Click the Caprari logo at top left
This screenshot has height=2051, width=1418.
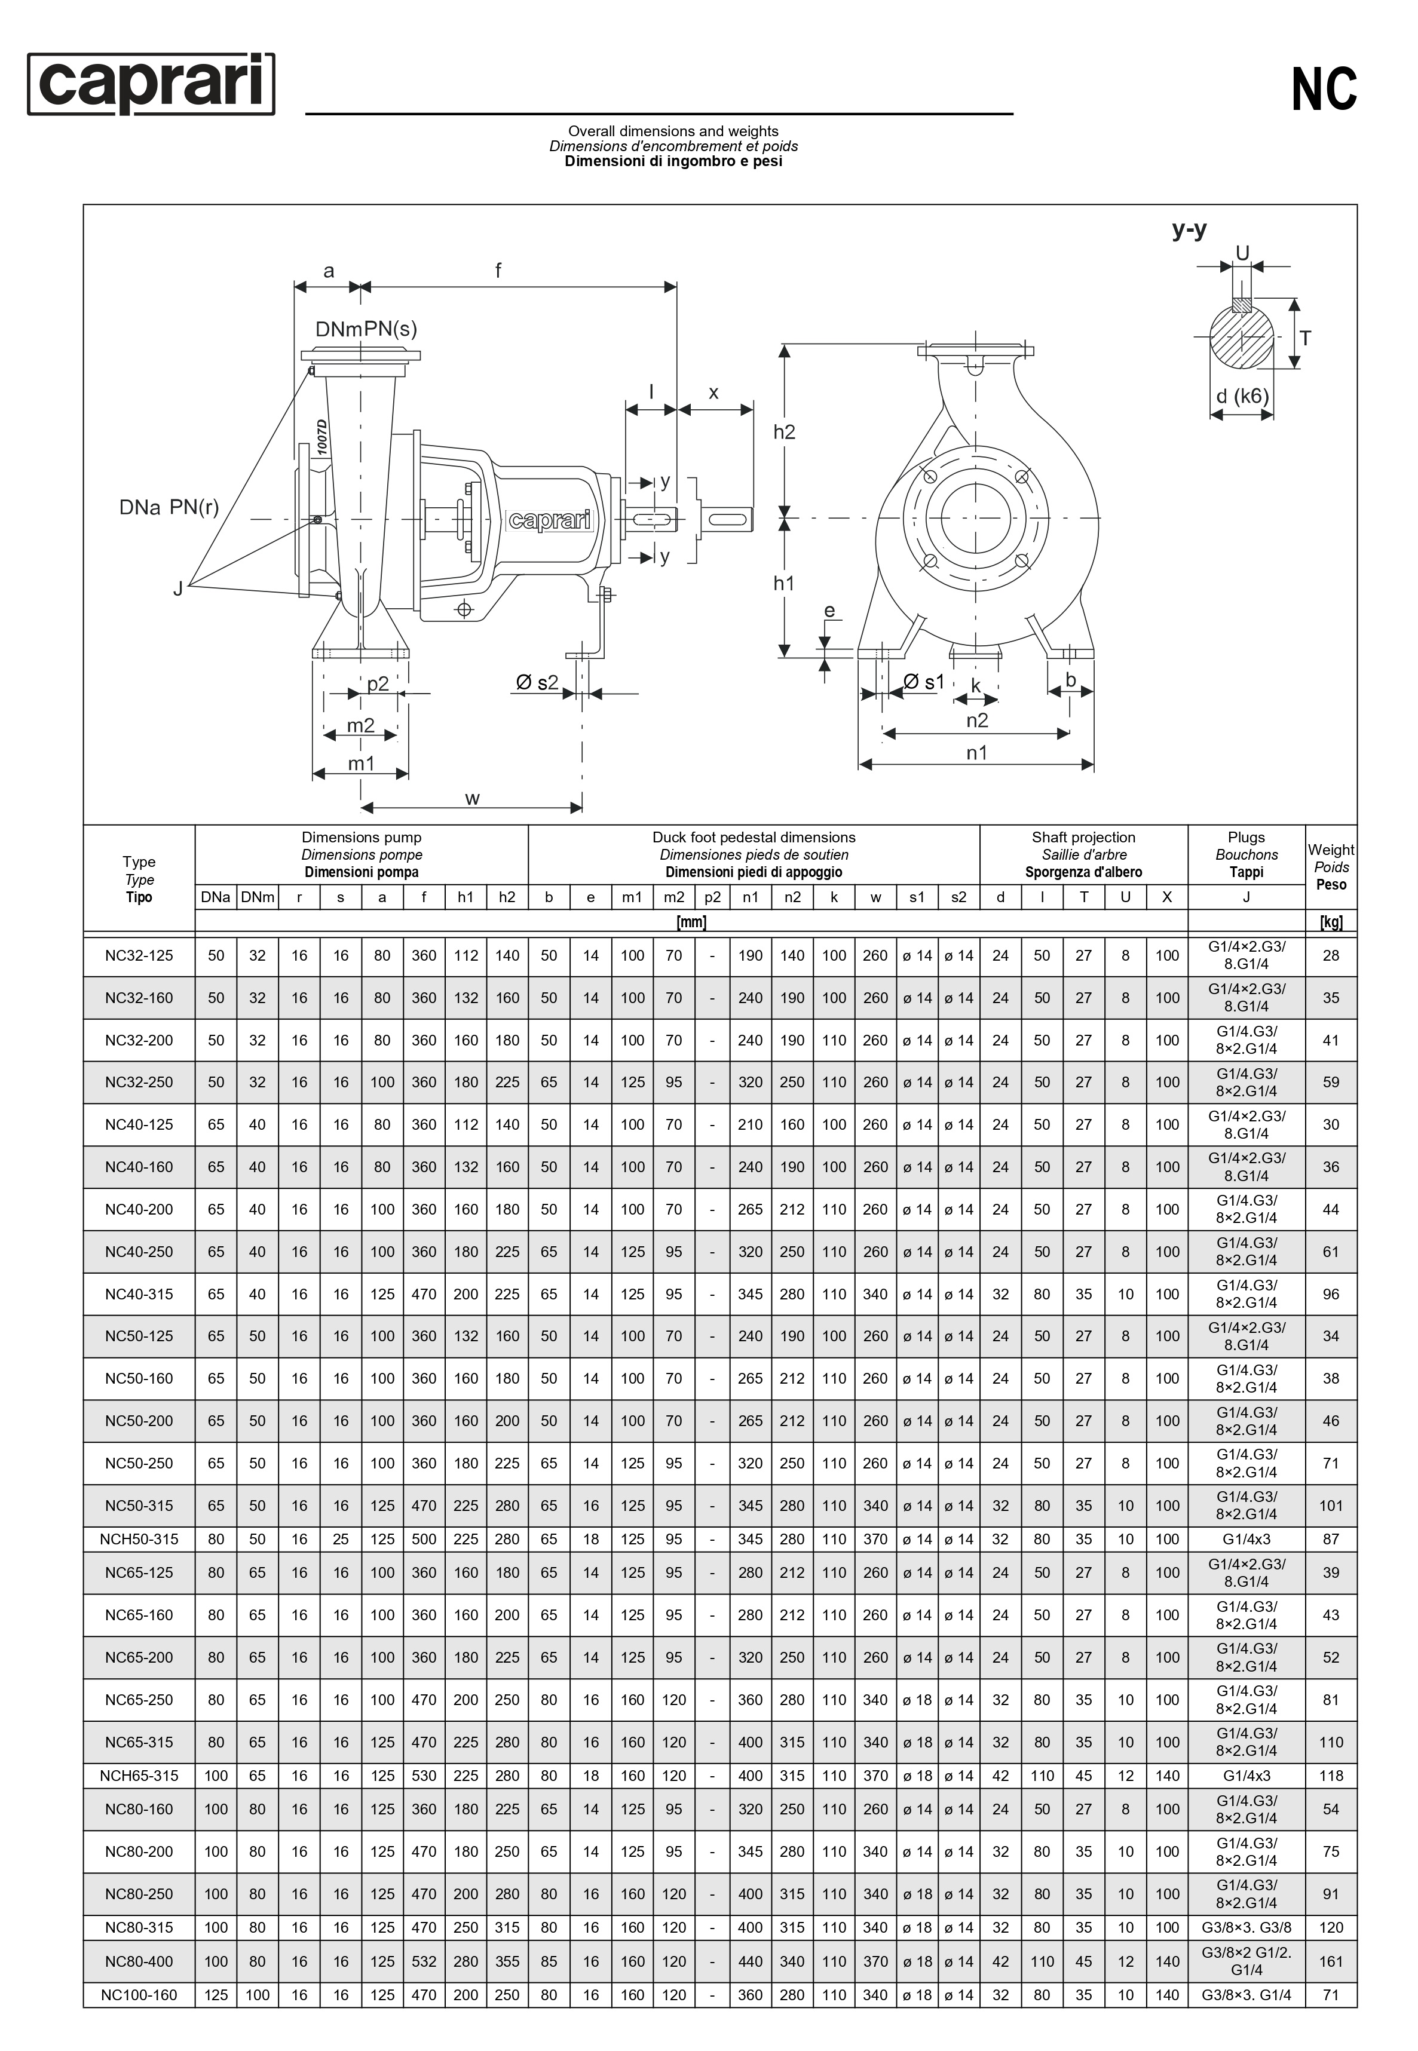click(x=151, y=84)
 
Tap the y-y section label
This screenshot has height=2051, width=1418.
click(x=1189, y=230)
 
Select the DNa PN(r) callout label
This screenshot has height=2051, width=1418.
click(x=169, y=507)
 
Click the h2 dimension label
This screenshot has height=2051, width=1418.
click(x=783, y=432)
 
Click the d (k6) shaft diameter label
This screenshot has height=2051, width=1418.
click(x=1242, y=396)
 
